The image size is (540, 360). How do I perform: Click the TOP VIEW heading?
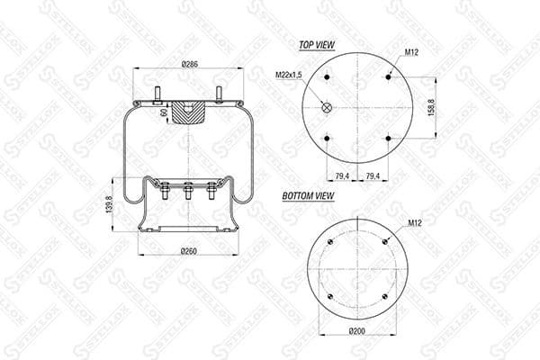(x=310, y=43)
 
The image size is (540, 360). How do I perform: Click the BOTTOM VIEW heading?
(x=309, y=194)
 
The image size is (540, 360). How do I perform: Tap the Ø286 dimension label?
(x=189, y=65)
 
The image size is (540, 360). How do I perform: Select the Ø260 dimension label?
(x=189, y=250)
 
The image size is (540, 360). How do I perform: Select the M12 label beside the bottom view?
(x=415, y=222)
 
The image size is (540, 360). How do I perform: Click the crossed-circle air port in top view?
(x=327, y=108)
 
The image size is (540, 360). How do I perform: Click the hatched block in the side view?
(x=189, y=113)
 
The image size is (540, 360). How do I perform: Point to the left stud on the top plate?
(x=158, y=94)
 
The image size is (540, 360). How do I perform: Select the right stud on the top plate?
(x=219, y=94)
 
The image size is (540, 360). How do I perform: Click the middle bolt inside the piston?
(x=188, y=192)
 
